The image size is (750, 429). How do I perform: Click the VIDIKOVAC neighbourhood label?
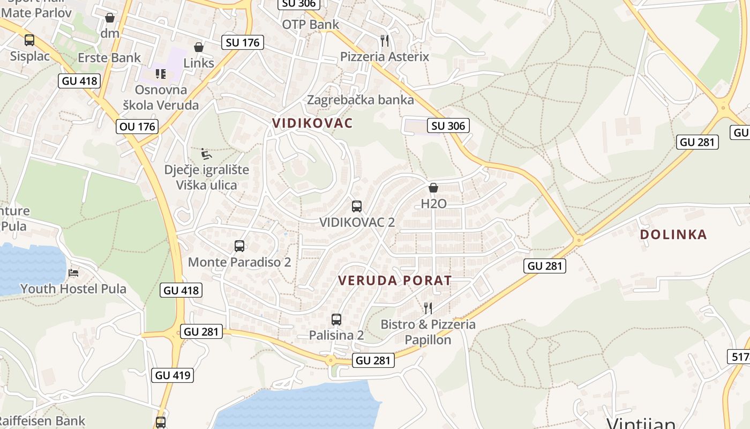click(312, 123)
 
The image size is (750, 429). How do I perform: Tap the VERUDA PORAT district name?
click(395, 280)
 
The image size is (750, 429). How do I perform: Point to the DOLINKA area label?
click(673, 234)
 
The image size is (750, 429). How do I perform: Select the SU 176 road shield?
click(243, 42)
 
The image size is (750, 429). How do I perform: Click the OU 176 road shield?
click(137, 127)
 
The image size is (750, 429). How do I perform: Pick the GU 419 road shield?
click(173, 375)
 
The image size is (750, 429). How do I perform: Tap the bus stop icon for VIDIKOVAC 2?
click(357, 206)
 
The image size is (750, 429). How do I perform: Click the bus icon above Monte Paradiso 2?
click(239, 246)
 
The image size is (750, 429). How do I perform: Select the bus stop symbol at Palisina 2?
click(336, 320)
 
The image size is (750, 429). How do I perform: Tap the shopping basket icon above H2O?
click(433, 188)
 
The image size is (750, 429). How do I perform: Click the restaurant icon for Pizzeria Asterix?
click(384, 41)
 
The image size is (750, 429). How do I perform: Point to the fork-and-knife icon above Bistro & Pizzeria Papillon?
click(428, 308)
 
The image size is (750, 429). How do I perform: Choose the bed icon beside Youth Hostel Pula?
click(73, 273)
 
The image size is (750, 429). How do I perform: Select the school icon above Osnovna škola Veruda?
click(161, 73)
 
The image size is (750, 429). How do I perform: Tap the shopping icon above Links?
click(199, 47)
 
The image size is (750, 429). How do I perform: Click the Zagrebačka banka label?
click(360, 100)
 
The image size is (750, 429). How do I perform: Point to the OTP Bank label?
click(311, 24)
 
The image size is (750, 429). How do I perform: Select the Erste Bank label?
click(109, 57)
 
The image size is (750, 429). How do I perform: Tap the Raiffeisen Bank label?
click(43, 421)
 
